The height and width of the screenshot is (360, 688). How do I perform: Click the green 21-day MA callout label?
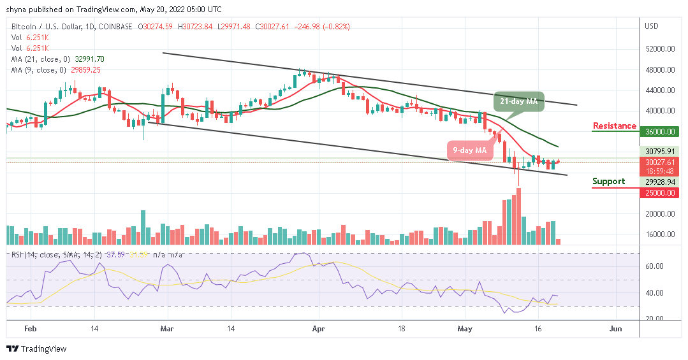click(518, 102)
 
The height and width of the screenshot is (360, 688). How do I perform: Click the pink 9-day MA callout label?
click(471, 150)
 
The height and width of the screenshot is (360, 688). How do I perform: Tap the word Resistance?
click(615, 126)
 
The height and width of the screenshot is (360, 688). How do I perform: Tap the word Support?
click(608, 182)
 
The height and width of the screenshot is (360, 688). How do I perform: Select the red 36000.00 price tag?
click(659, 132)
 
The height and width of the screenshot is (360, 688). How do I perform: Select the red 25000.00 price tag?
click(659, 192)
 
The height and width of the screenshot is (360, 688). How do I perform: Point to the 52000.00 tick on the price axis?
click(659, 49)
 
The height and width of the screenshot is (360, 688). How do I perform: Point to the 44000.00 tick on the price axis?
click(659, 90)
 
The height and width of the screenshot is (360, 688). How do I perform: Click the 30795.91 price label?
click(659, 151)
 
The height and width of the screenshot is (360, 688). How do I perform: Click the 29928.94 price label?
click(659, 181)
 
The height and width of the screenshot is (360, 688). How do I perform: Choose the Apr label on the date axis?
click(319, 329)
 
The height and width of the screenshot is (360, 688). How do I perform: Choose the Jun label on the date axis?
click(615, 329)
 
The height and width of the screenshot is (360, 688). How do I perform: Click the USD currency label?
click(652, 26)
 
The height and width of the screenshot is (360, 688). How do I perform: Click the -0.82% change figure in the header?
click(335, 26)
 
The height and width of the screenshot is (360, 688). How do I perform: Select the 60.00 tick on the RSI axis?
click(655, 266)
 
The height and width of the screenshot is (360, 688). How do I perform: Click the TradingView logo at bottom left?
click(36, 349)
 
